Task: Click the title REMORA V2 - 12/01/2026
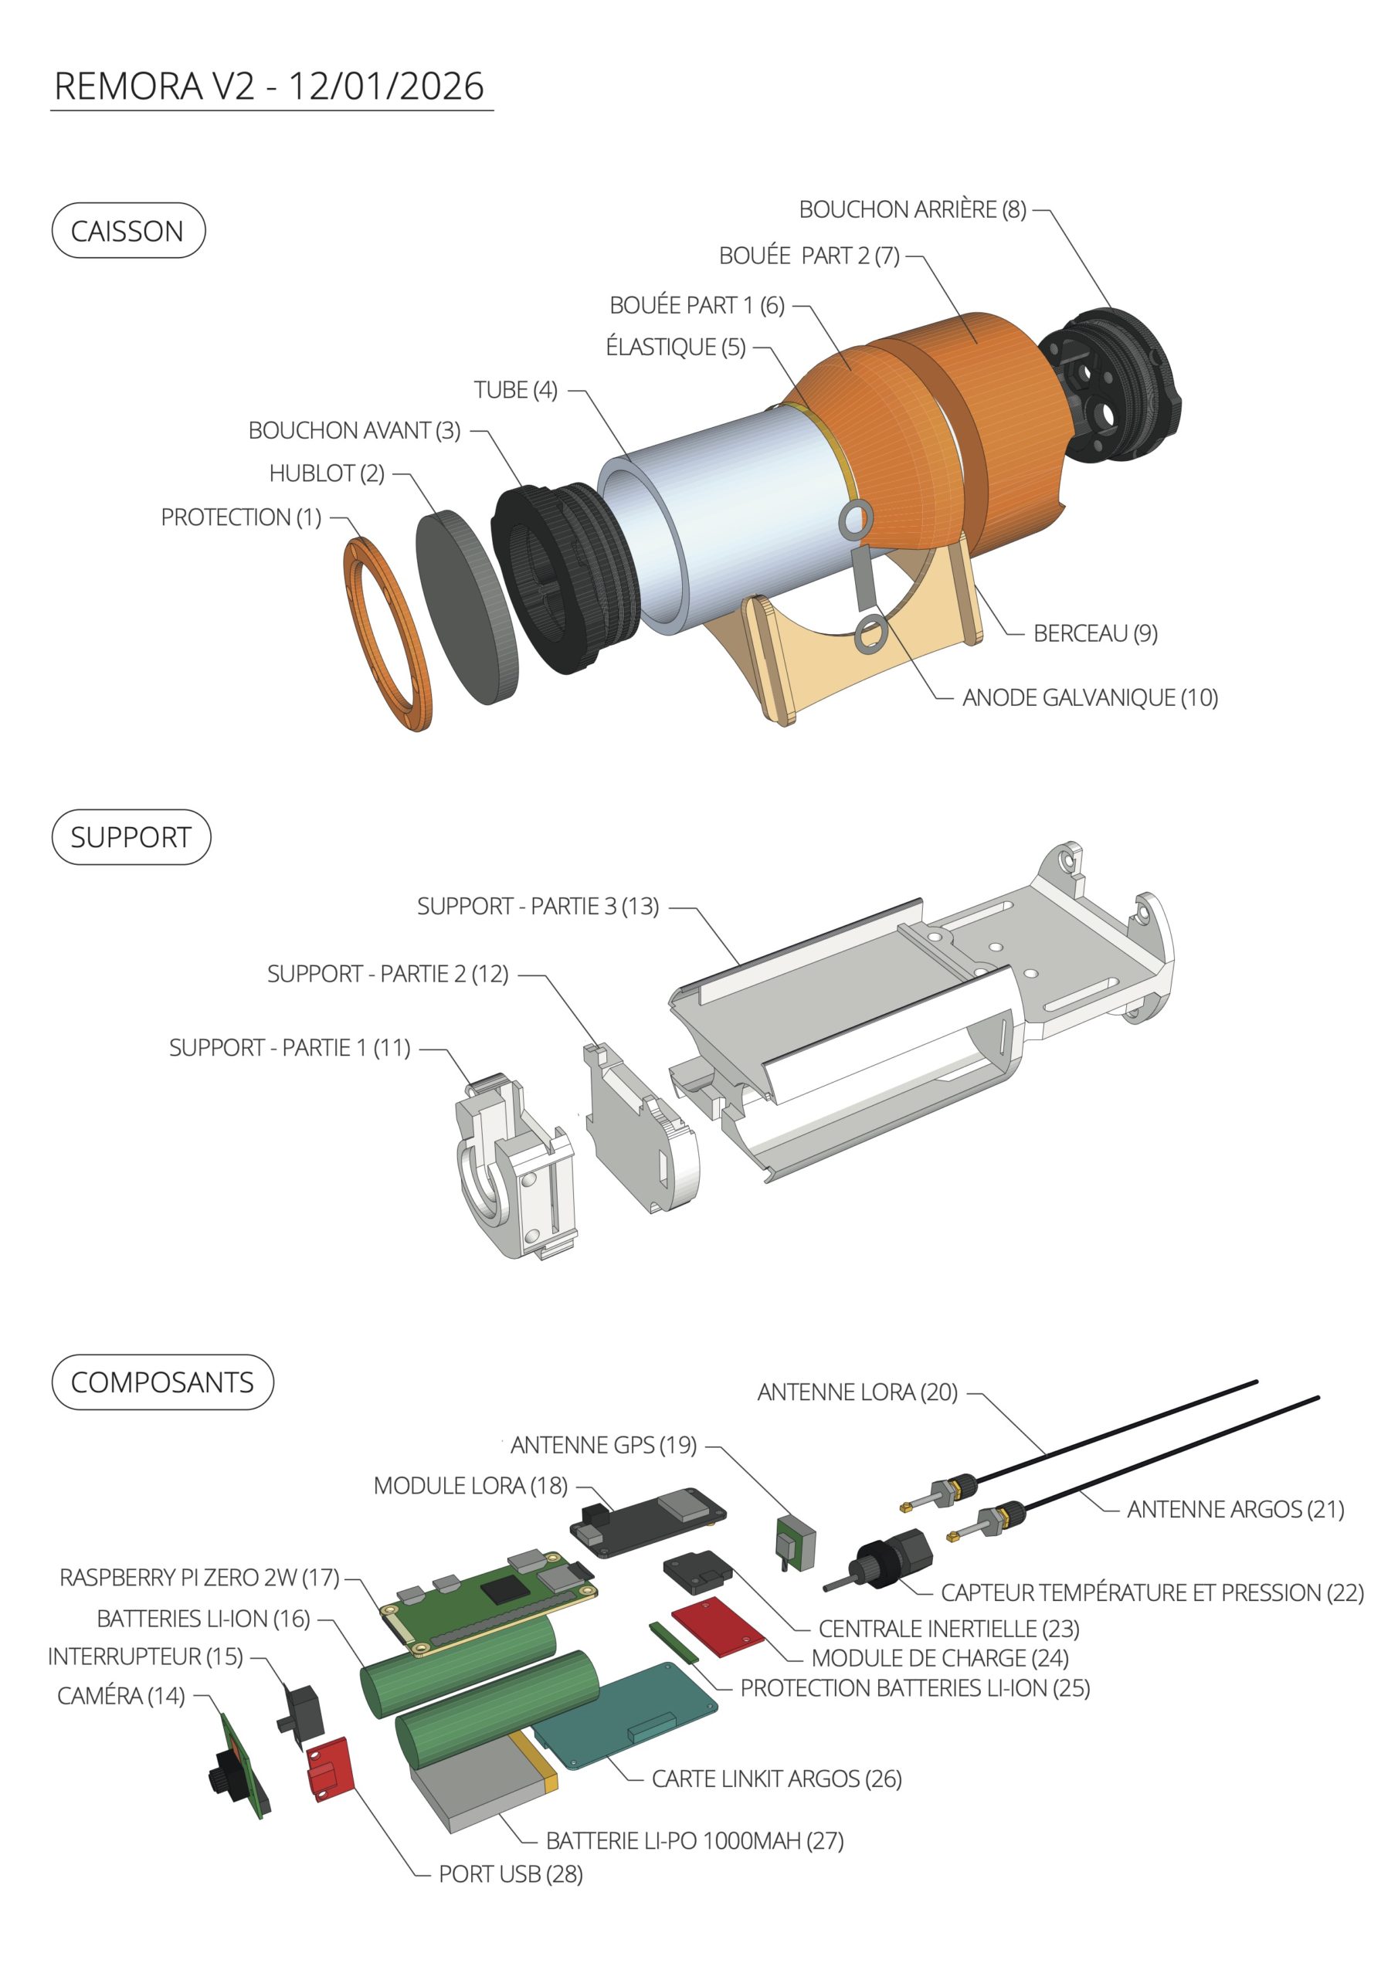(269, 86)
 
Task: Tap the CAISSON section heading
(128, 231)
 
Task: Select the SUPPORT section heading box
(131, 837)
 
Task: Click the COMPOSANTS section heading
(163, 1382)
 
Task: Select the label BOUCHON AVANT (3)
(354, 430)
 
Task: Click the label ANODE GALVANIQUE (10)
(1090, 697)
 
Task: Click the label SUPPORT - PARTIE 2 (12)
(388, 974)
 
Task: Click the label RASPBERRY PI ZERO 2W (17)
(199, 1578)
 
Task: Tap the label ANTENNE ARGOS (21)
(1235, 1508)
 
